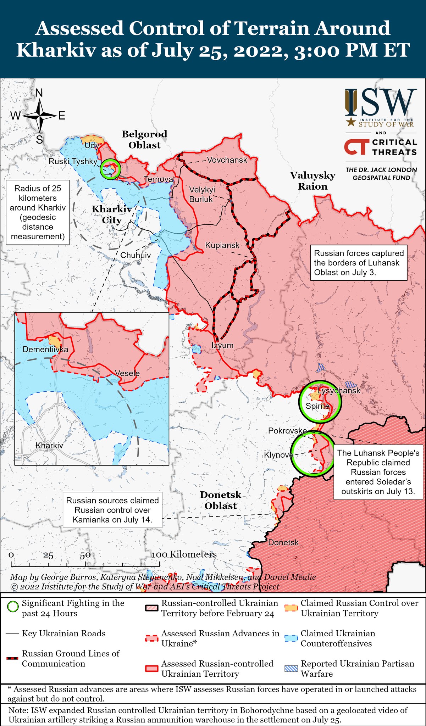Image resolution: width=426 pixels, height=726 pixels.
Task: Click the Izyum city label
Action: pyautogui.click(x=222, y=345)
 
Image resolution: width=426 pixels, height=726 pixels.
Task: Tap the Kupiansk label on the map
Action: pyautogui.click(x=222, y=245)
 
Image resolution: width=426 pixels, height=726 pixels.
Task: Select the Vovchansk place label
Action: pyautogui.click(x=227, y=160)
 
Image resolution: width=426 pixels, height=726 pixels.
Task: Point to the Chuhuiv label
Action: pyautogui.click(x=135, y=255)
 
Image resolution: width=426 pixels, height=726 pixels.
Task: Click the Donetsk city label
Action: pyautogui.click(x=283, y=542)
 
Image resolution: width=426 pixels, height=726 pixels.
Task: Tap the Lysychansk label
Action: pyautogui.click(x=339, y=391)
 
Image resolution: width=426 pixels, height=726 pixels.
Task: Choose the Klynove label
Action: pyautogui.click(x=278, y=455)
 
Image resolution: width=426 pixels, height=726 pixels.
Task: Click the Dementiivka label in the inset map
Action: pyautogui.click(x=45, y=350)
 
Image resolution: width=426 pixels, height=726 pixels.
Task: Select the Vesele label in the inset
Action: pyautogui.click(x=128, y=373)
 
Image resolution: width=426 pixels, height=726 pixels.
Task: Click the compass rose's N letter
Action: pyautogui.click(x=39, y=93)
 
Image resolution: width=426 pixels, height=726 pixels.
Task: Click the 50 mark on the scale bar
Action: pyautogui.click(x=85, y=555)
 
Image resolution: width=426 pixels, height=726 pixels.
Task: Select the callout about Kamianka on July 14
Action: pyautogui.click(x=112, y=510)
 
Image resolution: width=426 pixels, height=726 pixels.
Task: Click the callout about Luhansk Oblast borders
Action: pyautogui.click(x=359, y=263)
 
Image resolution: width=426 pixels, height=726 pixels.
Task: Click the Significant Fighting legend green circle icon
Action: pyautogui.click(x=13, y=607)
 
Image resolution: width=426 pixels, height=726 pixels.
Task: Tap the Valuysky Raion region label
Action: pyautogui.click(x=312, y=181)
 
